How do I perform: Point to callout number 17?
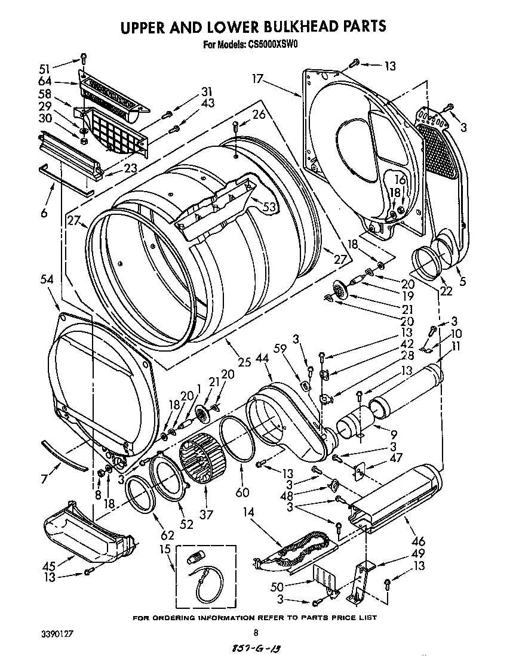tap(258, 78)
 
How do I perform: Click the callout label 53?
tap(270, 207)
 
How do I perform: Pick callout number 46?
tap(419, 541)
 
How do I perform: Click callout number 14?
tap(249, 512)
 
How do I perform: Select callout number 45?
tap(48, 566)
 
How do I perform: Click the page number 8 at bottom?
tap(256, 633)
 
